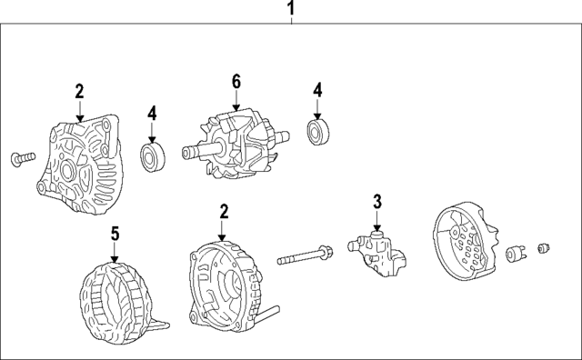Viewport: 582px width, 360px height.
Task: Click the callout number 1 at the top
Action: (x=291, y=10)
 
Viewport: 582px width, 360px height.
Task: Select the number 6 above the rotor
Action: (x=236, y=83)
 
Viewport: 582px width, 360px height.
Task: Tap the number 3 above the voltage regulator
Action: (x=376, y=202)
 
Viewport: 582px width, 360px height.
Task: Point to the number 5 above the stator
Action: (x=115, y=235)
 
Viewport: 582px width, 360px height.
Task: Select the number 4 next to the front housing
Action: (x=153, y=114)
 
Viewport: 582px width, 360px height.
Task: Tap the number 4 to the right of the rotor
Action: (x=317, y=90)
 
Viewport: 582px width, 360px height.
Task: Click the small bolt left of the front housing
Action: (x=23, y=159)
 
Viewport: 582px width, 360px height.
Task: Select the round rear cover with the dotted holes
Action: (x=467, y=244)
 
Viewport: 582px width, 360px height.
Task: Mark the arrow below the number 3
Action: (x=376, y=221)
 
